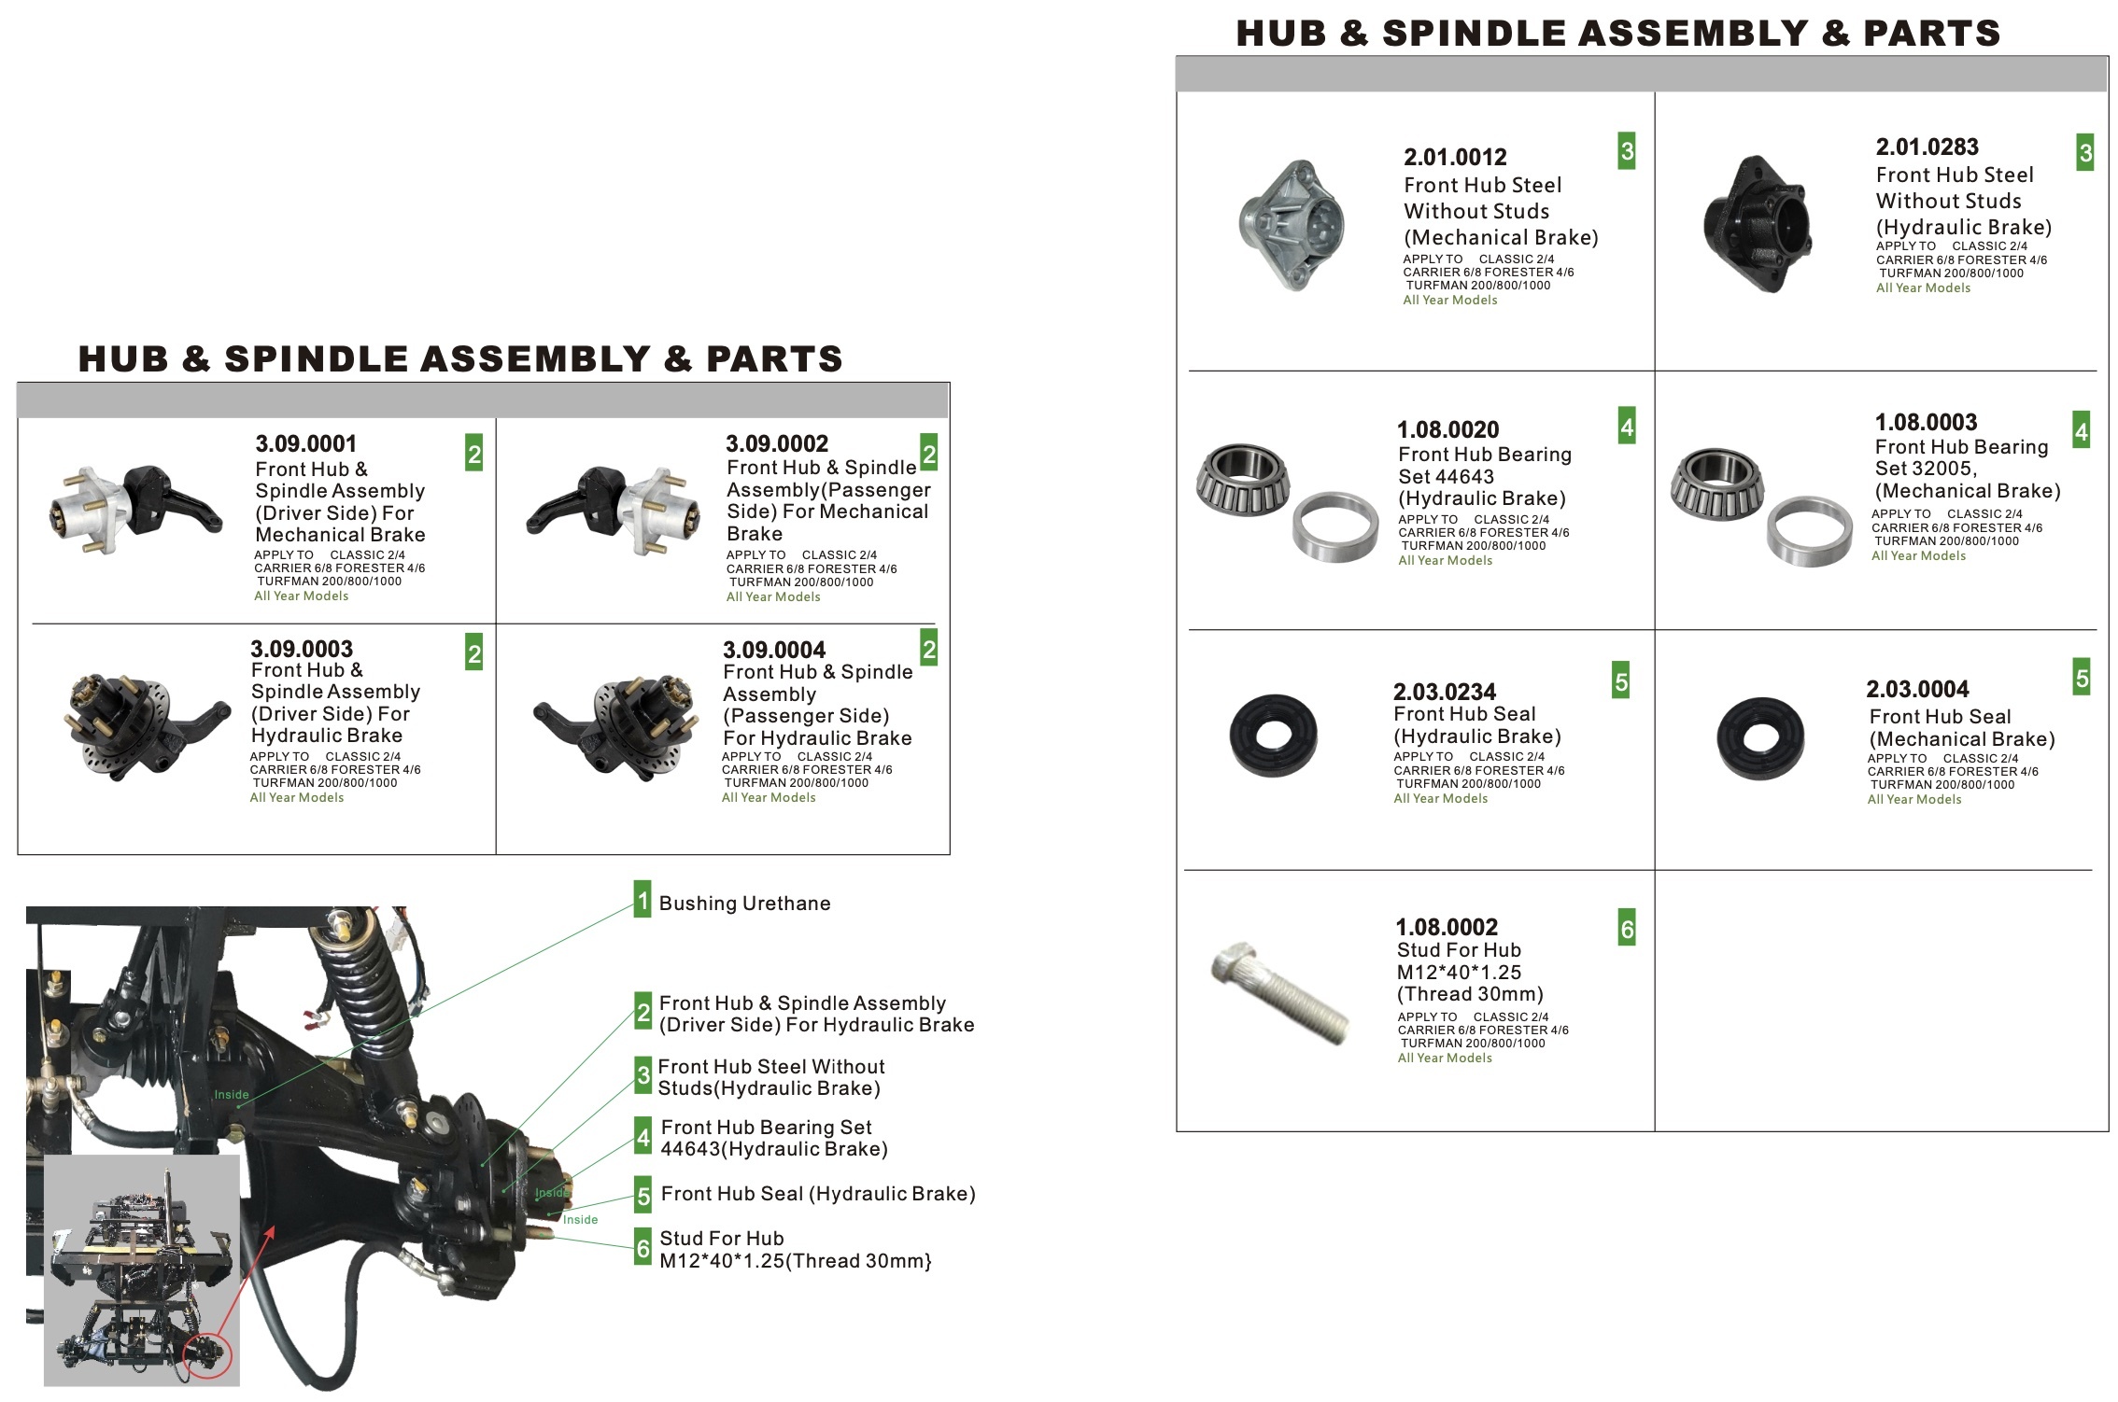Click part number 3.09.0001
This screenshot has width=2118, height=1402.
(305, 443)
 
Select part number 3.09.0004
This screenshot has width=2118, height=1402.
(773, 650)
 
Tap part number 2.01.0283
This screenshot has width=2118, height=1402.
(1927, 147)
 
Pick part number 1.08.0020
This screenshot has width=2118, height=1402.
(1447, 430)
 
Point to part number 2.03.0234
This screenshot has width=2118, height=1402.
(1444, 692)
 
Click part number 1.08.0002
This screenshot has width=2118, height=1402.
(1446, 927)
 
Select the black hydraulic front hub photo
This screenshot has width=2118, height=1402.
(1756, 224)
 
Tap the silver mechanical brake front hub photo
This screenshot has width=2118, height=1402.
(1292, 225)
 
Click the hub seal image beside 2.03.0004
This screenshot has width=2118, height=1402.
(1759, 738)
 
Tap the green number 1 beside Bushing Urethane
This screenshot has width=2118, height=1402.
(642, 900)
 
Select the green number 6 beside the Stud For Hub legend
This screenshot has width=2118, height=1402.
(642, 1248)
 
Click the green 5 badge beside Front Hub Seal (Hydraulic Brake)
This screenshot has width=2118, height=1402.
(642, 1195)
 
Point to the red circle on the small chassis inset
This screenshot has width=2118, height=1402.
(207, 1356)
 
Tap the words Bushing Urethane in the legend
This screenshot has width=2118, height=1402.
(744, 904)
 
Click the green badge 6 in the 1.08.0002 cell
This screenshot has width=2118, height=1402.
(1626, 929)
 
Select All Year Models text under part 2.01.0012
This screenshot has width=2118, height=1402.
(1449, 301)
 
